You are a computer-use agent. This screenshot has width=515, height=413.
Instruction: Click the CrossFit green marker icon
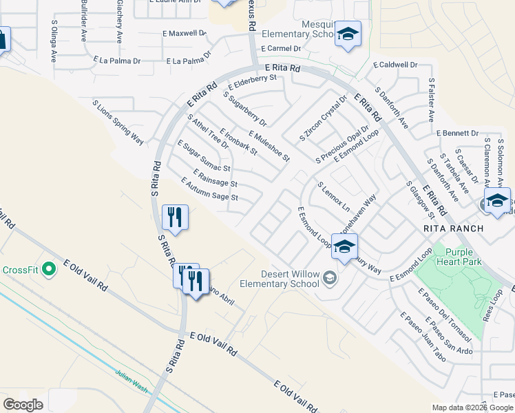tap(48, 268)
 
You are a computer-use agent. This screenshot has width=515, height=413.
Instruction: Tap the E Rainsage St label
tap(215, 178)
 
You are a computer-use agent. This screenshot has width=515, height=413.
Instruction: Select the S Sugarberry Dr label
tap(244, 109)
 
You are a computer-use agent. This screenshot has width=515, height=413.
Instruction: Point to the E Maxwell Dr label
tap(185, 32)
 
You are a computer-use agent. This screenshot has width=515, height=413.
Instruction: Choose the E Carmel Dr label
tap(281, 49)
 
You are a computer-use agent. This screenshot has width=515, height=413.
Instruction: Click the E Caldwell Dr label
tap(395, 65)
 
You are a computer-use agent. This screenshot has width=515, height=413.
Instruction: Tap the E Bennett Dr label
tap(457, 133)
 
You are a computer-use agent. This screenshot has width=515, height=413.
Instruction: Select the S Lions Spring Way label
tap(118, 123)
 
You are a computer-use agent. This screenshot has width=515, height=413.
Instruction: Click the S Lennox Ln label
tap(334, 197)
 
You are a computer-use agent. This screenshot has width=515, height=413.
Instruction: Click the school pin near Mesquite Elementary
tap(348, 34)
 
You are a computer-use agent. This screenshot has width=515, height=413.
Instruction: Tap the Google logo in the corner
tap(23, 405)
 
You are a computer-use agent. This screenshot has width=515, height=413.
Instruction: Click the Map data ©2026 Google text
tap(472, 407)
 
